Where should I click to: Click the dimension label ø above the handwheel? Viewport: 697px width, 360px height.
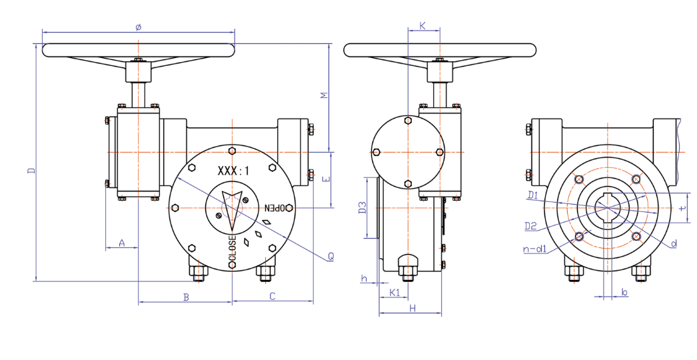coord(138,27)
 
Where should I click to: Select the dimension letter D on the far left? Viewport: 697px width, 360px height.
coord(31,171)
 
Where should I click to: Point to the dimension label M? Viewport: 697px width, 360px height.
coord(325,96)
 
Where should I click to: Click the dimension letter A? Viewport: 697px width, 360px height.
coord(122,243)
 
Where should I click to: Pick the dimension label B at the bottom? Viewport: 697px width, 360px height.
coord(187,297)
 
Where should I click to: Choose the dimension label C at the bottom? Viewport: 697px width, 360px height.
coord(273,296)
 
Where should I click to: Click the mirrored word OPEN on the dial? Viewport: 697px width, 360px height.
coord(278,207)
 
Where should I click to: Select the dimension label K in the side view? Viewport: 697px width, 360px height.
coord(422,25)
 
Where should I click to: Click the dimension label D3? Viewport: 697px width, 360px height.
coord(362,207)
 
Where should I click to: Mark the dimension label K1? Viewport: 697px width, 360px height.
coord(394,293)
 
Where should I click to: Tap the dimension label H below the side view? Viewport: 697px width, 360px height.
coord(412,308)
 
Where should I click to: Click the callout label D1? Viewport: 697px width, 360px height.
coord(532,195)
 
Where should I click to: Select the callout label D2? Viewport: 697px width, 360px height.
coord(530,226)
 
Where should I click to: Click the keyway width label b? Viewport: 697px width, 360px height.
coord(624,293)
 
